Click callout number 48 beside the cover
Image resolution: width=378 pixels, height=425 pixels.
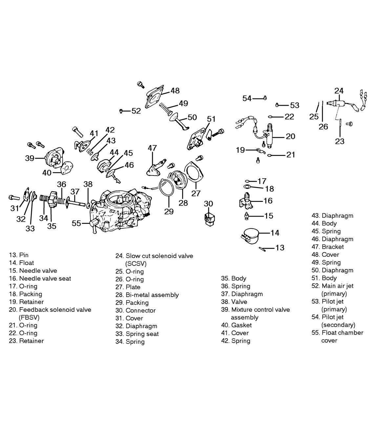tap(175, 91)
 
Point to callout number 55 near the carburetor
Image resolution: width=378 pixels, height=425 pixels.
tap(76, 223)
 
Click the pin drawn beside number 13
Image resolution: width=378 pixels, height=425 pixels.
tap(262, 249)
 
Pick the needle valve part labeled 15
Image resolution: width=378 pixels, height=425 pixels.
tap(247, 216)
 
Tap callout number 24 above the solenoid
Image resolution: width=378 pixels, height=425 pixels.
tap(339, 91)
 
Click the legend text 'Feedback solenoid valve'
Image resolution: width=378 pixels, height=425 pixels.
tap(55, 309)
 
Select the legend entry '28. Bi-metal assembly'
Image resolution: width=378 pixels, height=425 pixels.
tap(147, 295)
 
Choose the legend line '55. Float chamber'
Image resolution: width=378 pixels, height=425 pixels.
tap(337, 332)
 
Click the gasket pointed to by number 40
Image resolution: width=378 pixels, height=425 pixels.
tap(67, 168)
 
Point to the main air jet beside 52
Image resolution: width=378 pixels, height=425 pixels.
tap(121, 111)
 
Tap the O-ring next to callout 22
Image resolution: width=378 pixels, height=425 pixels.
tap(270, 117)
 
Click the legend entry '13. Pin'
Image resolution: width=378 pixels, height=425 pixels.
tap(19, 255)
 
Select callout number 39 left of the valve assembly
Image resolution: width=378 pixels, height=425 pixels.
tap(30, 158)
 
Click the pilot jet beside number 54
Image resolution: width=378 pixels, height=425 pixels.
tap(265, 98)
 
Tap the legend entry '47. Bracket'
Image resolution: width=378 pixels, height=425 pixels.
tap(327, 247)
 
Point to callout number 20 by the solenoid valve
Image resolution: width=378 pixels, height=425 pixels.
tap(290, 136)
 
